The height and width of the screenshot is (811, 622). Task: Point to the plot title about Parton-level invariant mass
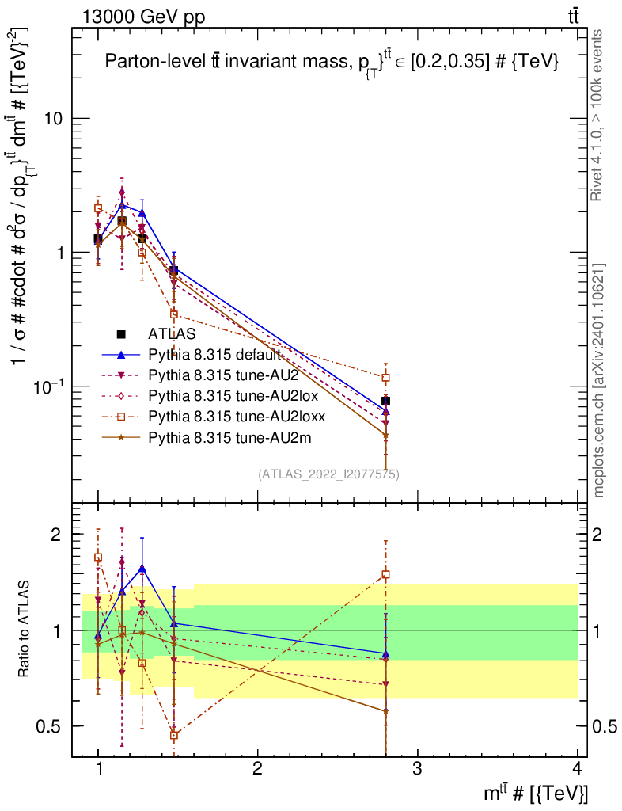pyautogui.click(x=332, y=63)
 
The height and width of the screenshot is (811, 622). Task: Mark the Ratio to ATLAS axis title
pyautogui.click(x=25, y=630)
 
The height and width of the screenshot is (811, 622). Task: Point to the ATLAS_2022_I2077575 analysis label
pyautogui.click(x=328, y=474)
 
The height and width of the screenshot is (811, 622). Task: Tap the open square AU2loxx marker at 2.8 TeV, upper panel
pyautogui.click(x=385, y=378)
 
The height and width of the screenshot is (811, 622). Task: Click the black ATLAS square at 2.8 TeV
pyautogui.click(x=385, y=401)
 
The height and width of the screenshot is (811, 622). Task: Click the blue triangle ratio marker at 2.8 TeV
pyautogui.click(x=385, y=654)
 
